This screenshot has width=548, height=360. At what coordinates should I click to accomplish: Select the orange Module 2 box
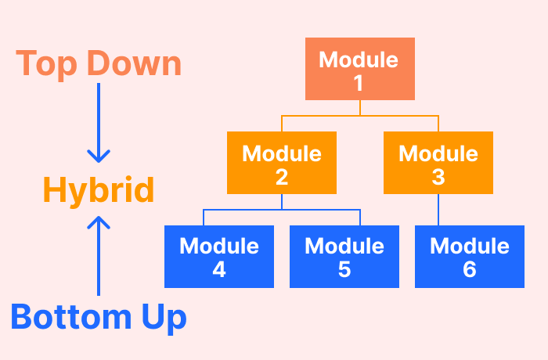[282, 163]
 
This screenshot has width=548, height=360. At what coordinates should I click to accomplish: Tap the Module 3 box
[438, 163]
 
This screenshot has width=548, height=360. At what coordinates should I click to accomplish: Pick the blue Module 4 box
[219, 257]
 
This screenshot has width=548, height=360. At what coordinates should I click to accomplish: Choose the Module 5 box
[344, 257]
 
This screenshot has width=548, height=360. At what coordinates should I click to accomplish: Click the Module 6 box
[470, 257]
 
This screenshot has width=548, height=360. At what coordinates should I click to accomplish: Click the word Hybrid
[98, 190]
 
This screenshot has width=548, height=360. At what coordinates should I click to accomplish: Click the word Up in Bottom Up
[163, 317]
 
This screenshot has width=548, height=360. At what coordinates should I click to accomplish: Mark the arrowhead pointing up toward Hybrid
[98, 224]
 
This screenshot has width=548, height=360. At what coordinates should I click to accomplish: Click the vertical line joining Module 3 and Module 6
[438, 210]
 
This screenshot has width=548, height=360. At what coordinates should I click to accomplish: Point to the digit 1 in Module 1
[359, 83]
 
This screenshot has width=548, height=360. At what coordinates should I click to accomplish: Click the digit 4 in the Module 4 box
[219, 270]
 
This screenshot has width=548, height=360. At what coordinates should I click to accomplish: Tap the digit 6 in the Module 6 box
[470, 270]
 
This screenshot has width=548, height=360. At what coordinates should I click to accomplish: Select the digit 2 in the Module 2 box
[282, 177]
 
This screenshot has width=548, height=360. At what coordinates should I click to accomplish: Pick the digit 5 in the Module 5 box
[344, 270]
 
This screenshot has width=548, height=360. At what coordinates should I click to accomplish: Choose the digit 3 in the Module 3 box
[438, 177]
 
